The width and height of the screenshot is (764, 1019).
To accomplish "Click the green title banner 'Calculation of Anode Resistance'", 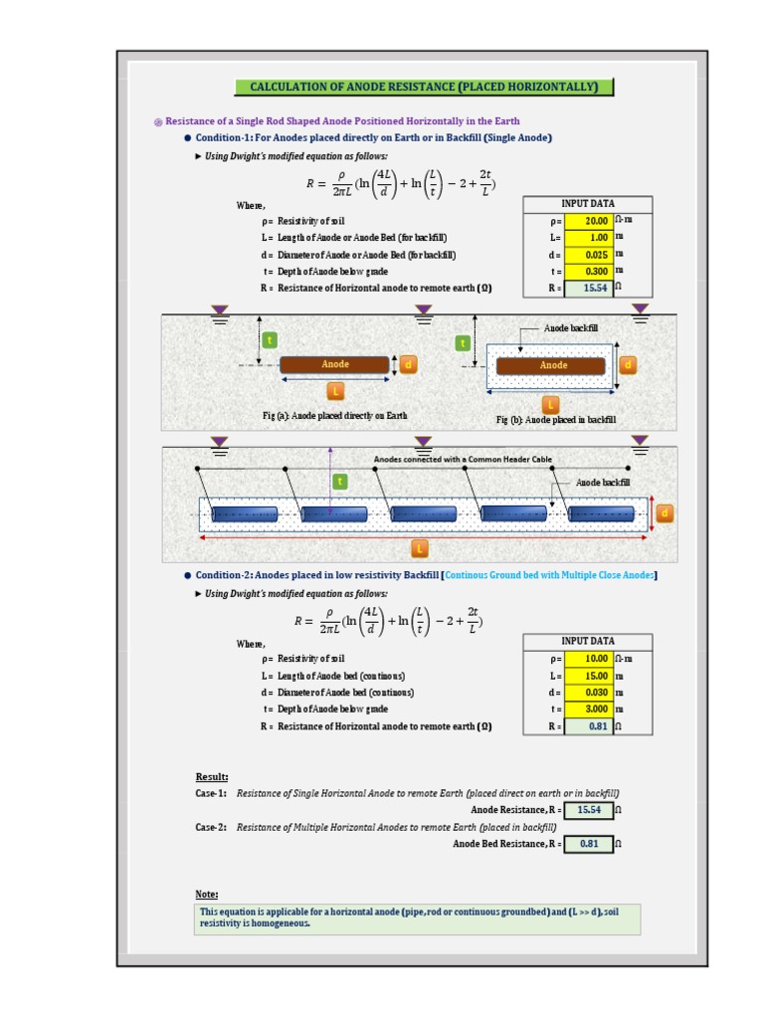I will point(424,87).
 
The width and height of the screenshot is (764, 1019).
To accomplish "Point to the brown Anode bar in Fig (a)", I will point(334,365).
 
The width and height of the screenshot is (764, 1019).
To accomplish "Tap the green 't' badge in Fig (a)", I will point(269,340).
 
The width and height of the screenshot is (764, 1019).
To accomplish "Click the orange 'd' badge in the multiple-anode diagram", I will point(665,513).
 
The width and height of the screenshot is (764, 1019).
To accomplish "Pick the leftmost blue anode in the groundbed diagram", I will point(243,513).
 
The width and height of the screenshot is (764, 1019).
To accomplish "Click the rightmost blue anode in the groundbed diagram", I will point(602,513).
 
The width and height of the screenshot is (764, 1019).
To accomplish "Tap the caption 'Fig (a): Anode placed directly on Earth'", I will point(334,416).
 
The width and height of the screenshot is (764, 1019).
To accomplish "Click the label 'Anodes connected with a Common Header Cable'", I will point(463,459).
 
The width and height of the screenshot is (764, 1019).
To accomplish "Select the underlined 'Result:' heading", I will point(212,776).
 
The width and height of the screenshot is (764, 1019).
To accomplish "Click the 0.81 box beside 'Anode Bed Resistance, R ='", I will point(588,844).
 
